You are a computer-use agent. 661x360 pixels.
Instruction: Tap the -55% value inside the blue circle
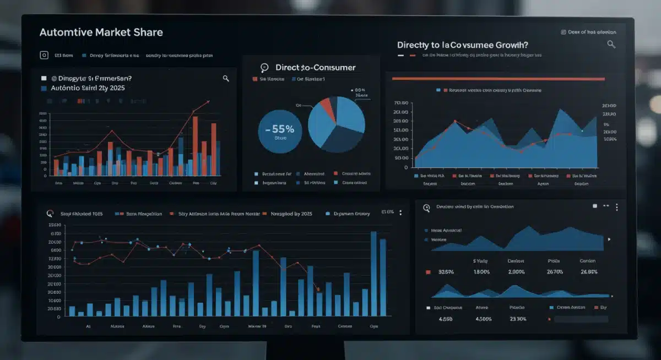click(279, 129)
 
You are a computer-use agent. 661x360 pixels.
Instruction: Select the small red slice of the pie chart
click(328, 109)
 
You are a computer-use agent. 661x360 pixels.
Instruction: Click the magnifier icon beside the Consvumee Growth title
click(611, 44)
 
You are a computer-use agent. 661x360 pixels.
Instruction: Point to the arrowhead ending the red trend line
click(208, 101)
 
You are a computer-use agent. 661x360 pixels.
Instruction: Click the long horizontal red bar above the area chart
click(498, 79)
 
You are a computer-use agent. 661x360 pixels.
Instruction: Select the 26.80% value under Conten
click(588, 272)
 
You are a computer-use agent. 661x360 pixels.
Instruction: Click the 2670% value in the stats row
click(554, 272)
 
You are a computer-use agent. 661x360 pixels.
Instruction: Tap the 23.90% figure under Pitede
click(518, 319)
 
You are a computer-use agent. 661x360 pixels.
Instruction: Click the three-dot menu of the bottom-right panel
click(617, 207)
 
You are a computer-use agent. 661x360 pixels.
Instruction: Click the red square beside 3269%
click(428, 272)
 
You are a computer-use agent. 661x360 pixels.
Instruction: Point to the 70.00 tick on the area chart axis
click(401, 103)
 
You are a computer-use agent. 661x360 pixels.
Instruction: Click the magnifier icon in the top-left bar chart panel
click(226, 79)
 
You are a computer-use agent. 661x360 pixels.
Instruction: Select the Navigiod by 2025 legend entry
click(291, 214)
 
